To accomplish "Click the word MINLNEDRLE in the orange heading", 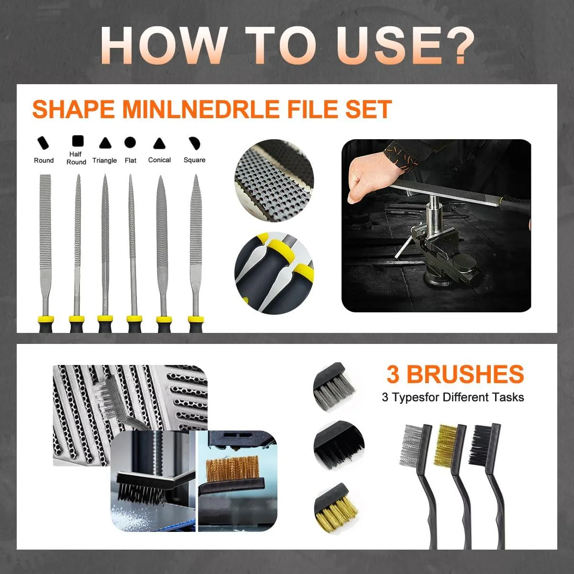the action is click(x=201, y=110).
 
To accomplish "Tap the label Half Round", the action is click(x=76, y=158).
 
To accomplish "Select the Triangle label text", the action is click(x=105, y=160).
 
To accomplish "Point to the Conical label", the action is click(x=159, y=160).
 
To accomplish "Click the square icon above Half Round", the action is click(x=78, y=141).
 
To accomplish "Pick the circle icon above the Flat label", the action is click(x=130, y=143).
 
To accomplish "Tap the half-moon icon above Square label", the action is click(x=195, y=143).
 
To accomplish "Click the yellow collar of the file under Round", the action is click(x=45, y=319).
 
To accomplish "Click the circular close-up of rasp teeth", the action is click(x=274, y=180).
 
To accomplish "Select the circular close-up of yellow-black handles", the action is click(x=274, y=273).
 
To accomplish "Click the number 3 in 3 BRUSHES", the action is click(x=393, y=375).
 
